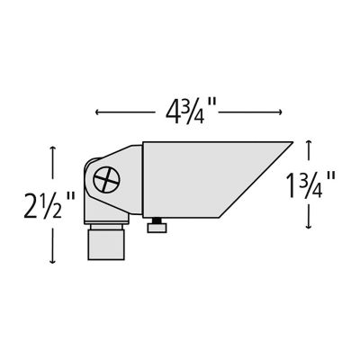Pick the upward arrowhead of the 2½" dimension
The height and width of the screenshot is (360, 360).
[x=56, y=149]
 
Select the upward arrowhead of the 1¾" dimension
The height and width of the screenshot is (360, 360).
[x=310, y=142]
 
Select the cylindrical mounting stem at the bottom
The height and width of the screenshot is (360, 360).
[x=107, y=244]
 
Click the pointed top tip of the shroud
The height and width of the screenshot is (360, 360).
[x=292, y=142]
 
